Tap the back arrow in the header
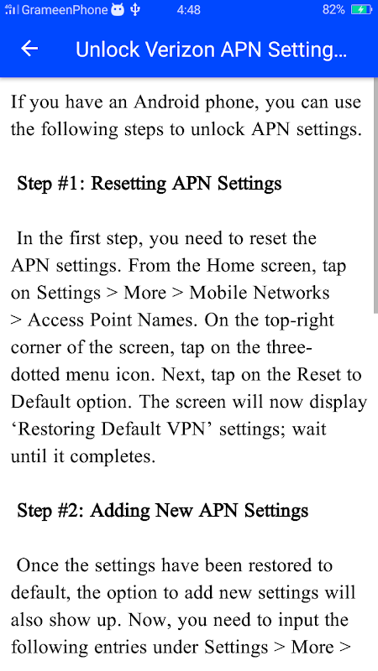29,49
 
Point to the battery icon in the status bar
361,10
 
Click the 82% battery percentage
333,10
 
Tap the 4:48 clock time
188,10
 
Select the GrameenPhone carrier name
65,10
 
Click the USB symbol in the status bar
135,10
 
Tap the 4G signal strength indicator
12,9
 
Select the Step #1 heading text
150,184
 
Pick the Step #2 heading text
162,511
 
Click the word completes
113,457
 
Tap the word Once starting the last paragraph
38,565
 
